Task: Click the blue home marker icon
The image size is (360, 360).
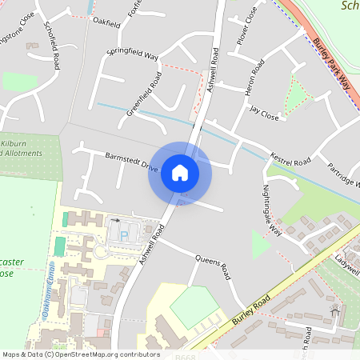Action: (x=180, y=172)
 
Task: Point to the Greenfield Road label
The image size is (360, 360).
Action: (x=144, y=94)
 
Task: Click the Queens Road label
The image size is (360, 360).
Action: (x=212, y=269)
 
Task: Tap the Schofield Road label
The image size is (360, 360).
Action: (x=52, y=45)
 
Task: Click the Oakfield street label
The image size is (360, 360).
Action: (x=106, y=22)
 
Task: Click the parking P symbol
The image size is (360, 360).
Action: (x=123, y=235)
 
